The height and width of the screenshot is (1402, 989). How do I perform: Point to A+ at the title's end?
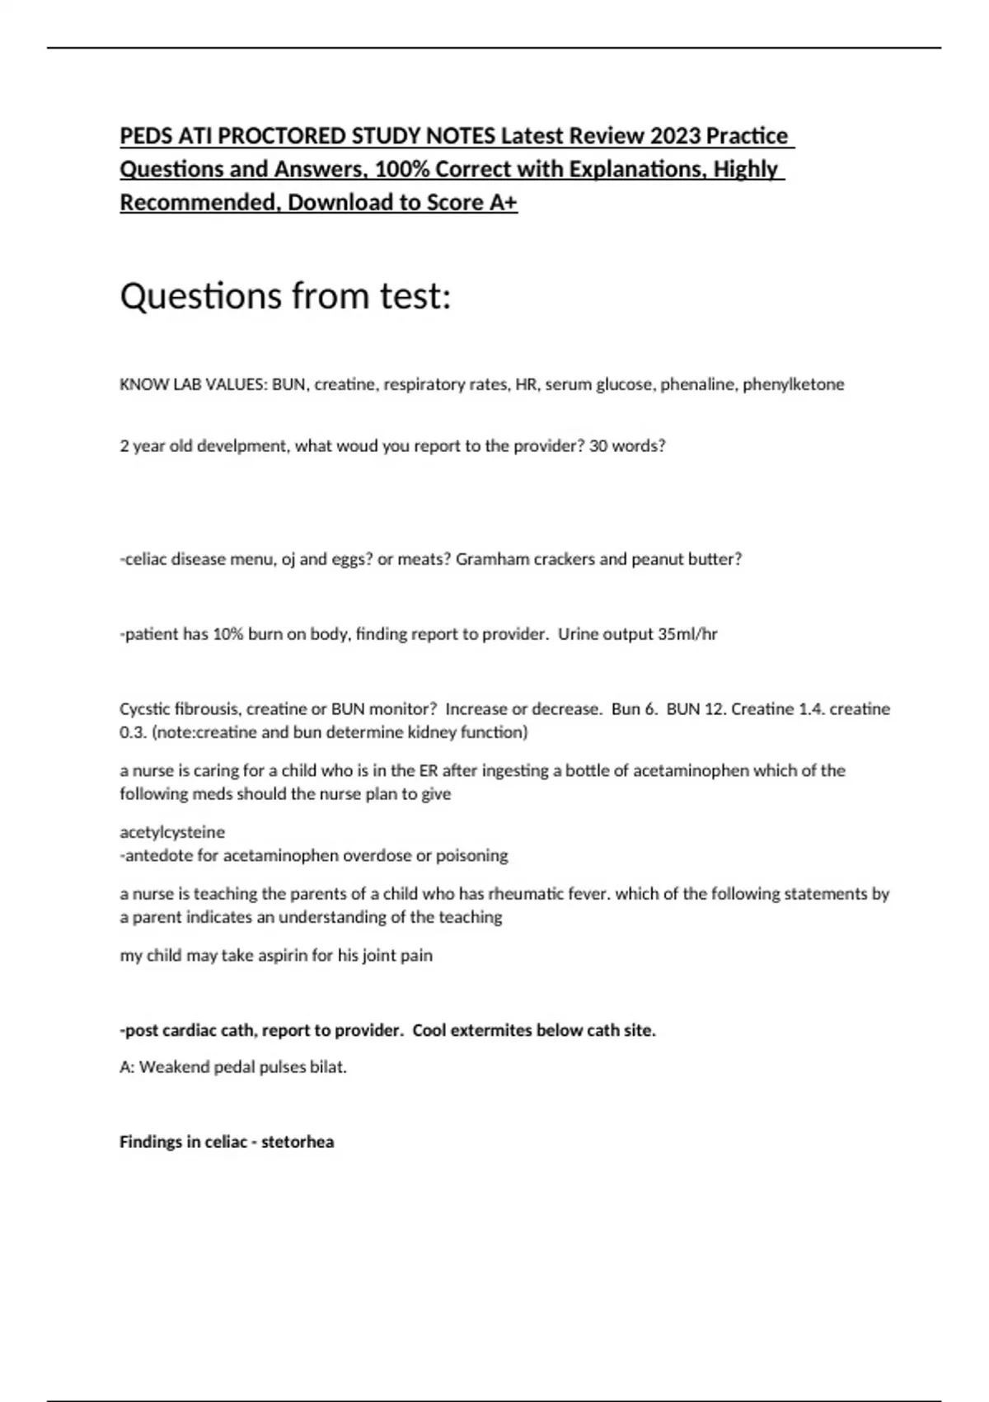coord(503,203)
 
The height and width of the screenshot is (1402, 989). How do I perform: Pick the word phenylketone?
coord(793,384)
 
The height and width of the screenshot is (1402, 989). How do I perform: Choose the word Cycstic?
coord(144,709)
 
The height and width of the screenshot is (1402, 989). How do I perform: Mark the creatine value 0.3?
coord(131,732)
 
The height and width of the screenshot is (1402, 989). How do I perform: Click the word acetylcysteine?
coord(172,832)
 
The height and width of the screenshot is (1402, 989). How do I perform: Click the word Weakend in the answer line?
coord(174,1067)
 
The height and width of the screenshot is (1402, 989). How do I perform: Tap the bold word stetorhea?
coord(298,1142)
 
